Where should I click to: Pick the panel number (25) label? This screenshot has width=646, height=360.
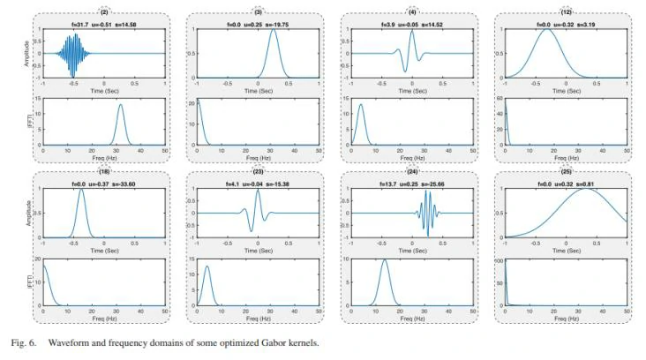[567, 172]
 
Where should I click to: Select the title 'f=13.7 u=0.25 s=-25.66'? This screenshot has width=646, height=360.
[411, 183]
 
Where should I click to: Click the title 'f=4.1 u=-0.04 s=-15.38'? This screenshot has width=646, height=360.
[257, 183]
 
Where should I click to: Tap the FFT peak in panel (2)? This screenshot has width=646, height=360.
[121, 105]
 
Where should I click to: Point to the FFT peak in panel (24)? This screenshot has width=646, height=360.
[383, 260]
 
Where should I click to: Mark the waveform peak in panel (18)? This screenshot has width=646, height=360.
[82, 190]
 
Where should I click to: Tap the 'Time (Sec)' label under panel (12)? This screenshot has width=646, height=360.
[566, 89]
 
